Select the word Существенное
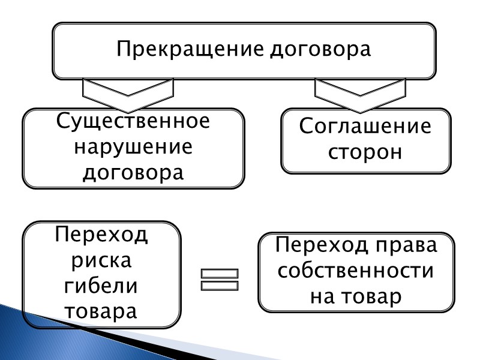tap(133, 121)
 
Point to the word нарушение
tap(133, 148)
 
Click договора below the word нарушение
tap(133, 173)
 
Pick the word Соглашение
tap(365, 127)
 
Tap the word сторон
tap(365, 152)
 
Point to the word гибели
tap(101, 286)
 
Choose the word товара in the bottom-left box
tap(101, 312)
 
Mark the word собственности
tap(356, 271)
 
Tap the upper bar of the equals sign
tap(220, 274)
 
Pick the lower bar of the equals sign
tap(220, 286)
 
